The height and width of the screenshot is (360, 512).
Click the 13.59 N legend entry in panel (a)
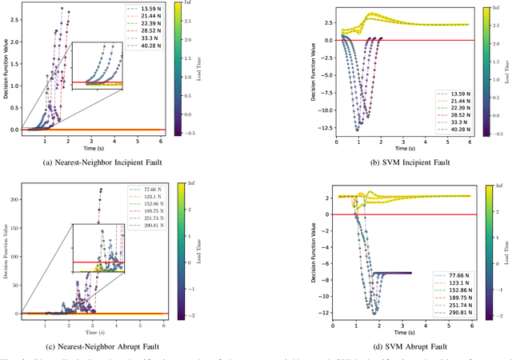137,14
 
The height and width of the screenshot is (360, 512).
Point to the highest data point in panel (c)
101,189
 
